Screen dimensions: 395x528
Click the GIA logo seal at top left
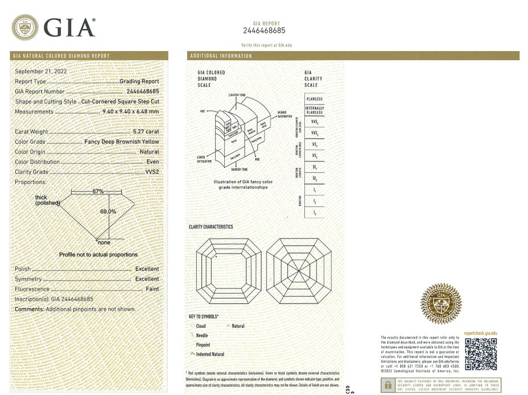point(26,27)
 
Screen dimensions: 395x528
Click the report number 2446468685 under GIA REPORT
point(263,31)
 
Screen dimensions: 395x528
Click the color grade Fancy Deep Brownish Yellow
point(122,142)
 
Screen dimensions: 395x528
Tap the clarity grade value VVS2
point(152,172)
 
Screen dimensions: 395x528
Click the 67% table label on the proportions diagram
point(98,192)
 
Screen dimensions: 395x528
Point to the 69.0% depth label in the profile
point(108,211)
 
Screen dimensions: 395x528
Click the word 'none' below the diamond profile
point(104,243)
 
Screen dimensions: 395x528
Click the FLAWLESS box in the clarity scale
point(314,99)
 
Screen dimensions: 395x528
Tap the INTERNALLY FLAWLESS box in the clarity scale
point(314,110)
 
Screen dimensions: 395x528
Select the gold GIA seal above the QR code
point(440,304)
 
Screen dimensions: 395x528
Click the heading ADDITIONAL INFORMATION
point(221,56)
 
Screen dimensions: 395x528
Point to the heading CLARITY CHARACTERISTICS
point(211,227)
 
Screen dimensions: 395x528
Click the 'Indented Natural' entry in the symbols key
point(211,354)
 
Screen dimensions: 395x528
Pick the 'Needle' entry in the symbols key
point(202,335)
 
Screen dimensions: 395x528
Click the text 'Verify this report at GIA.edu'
point(266,44)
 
